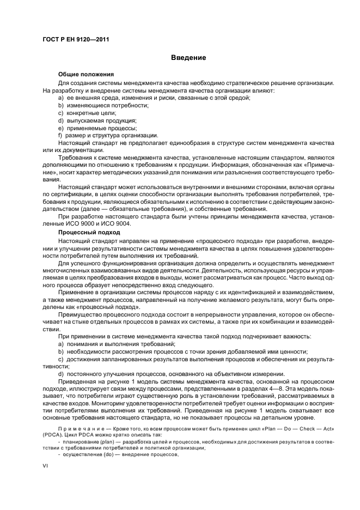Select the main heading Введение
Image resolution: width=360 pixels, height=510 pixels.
click(x=188, y=57)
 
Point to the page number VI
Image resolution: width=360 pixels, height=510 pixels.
click(x=46, y=466)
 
